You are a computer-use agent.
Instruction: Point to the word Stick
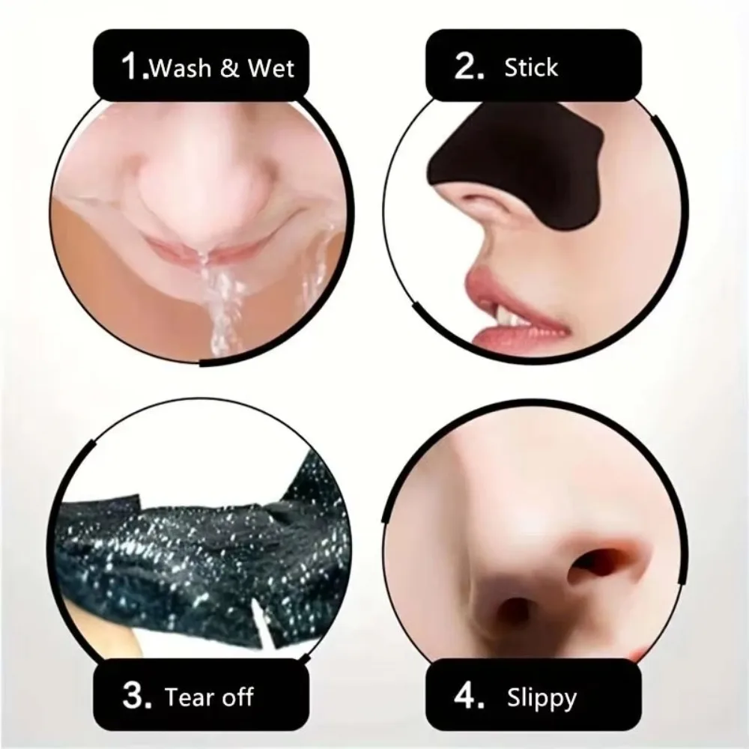pos(531,68)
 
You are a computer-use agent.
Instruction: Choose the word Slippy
pos(540,699)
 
